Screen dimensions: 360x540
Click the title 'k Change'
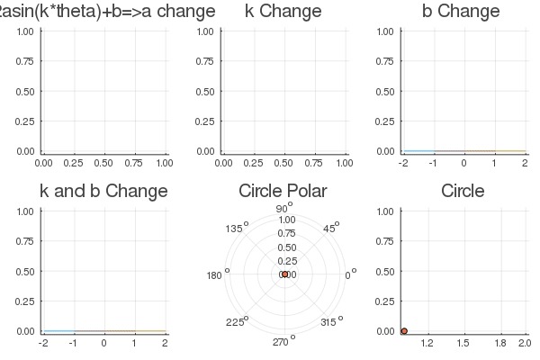(x=283, y=12)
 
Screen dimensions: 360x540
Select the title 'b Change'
(x=461, y=12)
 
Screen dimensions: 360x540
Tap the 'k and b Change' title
(x=103, y=191)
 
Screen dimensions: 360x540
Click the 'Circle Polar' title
(x=283, y=191)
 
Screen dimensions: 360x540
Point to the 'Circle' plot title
(x=463, y=191)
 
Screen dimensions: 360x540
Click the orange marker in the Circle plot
(x=404, y=331)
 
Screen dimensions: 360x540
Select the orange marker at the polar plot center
(x=284, y=274)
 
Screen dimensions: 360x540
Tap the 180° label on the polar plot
(x=217, y=274)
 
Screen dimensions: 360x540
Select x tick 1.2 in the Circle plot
(x=427, y=343)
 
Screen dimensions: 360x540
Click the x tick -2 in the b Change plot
(x=403, y=163)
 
